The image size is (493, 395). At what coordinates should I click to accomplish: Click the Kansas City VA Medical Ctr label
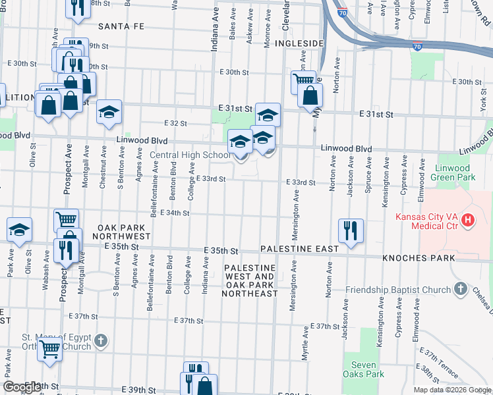click(x=426, y=219)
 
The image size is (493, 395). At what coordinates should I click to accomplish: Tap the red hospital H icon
click(x=468, y=219)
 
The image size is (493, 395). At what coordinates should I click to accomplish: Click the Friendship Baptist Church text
click(x=397, y=290)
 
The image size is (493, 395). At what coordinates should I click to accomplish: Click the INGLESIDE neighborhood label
click(x=299, y=43)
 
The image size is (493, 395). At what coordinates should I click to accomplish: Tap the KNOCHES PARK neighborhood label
click(x=419, y=258)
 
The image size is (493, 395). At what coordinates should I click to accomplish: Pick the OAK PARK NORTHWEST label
click(x=123, y=231)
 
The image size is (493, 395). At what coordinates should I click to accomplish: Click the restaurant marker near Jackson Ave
click(x=350, y=230)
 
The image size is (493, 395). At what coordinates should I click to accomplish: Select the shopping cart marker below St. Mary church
click(x=50, y=350)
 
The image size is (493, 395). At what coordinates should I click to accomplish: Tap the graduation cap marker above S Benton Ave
click(x=109, y=112)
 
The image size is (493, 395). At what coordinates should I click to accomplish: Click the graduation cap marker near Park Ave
click(x=20, y=228)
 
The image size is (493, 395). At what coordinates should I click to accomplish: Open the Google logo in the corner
click(x=22, y=387)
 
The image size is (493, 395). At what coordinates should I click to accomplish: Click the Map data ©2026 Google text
click(x=451, y=390)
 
